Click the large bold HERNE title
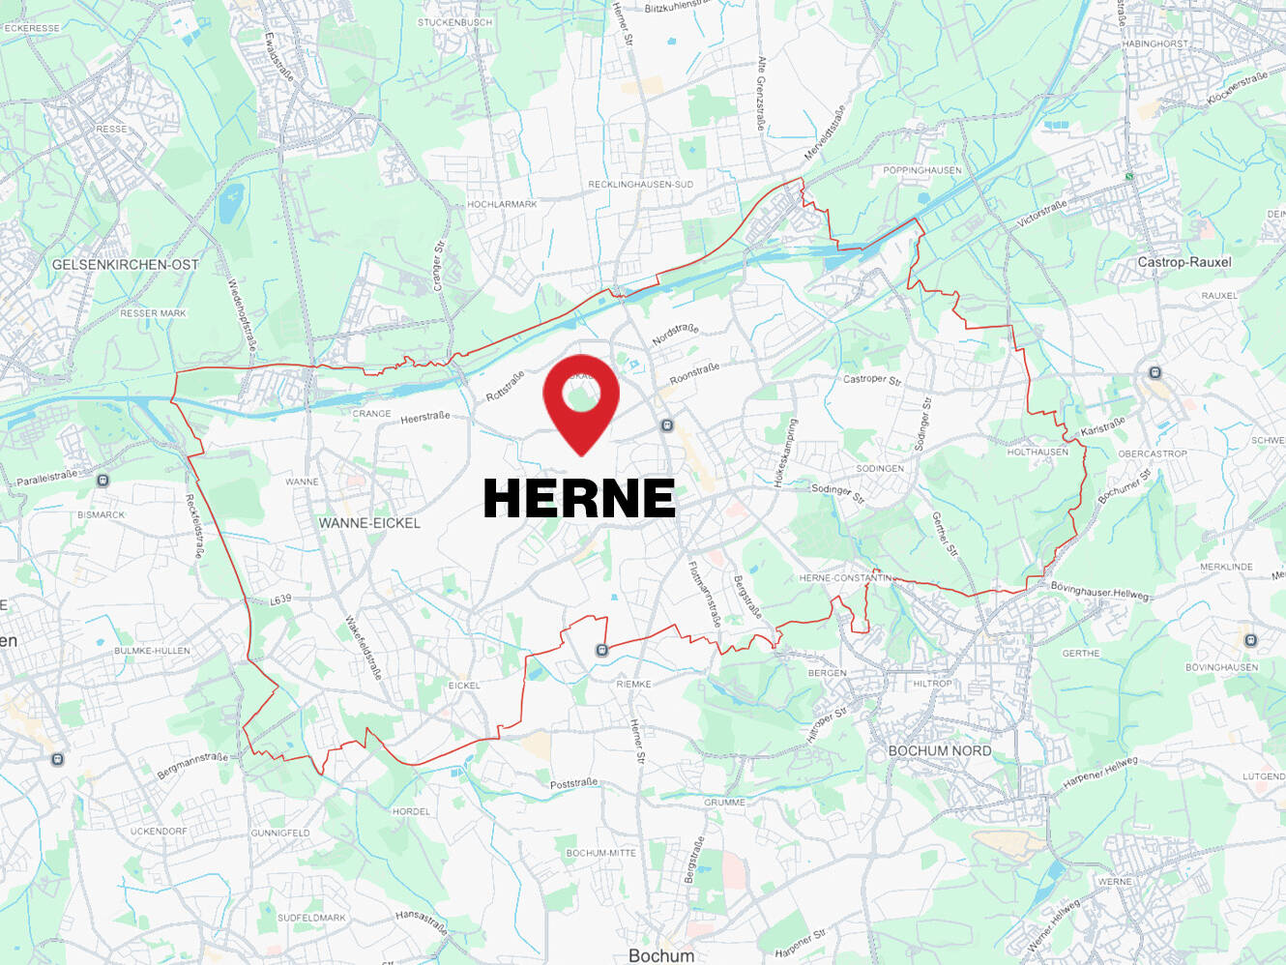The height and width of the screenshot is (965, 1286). click(578, 499)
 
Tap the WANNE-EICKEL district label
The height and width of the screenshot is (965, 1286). click(369, 523)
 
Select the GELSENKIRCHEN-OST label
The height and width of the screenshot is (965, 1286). click(125, 264)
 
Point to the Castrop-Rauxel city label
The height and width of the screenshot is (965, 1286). click(1184, 262)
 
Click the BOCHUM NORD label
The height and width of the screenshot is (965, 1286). click(939, 750)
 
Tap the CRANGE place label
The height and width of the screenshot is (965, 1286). click(371, 414)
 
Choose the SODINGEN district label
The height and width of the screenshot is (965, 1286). click(880, 469)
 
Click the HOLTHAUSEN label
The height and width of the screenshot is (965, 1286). click(1038, 452)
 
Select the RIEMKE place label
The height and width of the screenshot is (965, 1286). click(633, 684)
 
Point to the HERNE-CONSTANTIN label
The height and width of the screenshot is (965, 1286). click(846, 578)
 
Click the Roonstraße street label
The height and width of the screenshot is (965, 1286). click(694, 373)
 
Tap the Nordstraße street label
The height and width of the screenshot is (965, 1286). click(675, 335)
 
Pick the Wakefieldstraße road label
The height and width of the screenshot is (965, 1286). click(363, 647)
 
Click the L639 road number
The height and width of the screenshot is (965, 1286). click(280, 599)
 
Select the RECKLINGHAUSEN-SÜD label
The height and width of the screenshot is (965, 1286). click(640, 185)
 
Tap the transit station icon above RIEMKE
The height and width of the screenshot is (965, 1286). click(601, 650)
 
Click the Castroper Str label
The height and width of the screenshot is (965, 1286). click(871, 379)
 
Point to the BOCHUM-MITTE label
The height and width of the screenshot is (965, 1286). click(600, 853)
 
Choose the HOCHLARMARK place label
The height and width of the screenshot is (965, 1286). click(502, 204)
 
